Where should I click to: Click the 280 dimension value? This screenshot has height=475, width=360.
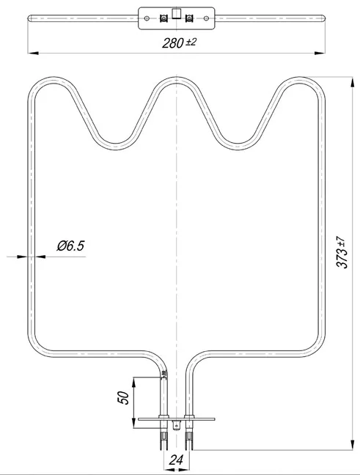(x=173, y=43)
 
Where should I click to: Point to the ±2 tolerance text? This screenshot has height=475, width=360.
(x=191, y=42)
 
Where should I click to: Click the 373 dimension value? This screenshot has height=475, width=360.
(x=342, y=259)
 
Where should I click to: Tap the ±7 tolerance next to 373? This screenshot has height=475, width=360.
(x=341, y=243)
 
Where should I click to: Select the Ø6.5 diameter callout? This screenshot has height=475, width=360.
(x=70, y=246)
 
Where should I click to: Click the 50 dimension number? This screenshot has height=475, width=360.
(x=123, y=398)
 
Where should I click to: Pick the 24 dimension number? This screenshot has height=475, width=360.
(x=176, y=460)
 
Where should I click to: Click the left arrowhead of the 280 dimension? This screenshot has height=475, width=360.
(x=33, y=53)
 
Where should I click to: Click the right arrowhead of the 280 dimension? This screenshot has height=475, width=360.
(x=320, y=53)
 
